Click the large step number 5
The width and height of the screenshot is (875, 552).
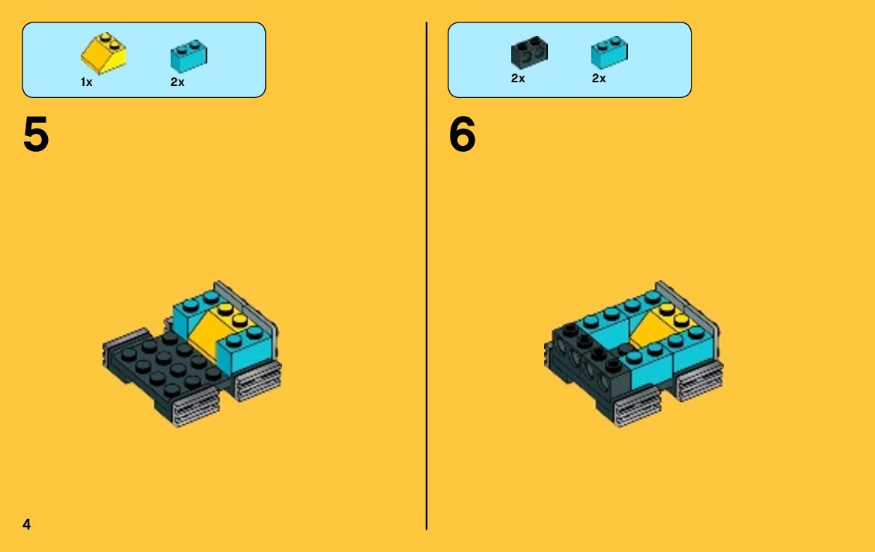tap(36, 135)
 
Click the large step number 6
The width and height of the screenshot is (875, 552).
tap(462, 135)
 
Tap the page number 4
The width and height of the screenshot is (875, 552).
tap(26, 524)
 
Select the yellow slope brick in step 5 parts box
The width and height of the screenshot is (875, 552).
tap(104, 54)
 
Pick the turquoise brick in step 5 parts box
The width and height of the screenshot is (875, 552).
tap(189, 56)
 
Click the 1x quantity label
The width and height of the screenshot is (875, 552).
tap(87, 82)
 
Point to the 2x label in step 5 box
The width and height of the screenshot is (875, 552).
tap(177, 82)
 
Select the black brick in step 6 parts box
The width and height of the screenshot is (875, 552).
tap(529, 52)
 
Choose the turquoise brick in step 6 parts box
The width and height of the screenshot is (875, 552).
tap(609, 52)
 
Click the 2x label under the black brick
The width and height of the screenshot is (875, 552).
tap(518, 79)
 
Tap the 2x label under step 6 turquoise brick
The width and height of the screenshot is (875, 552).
tap(599, 79)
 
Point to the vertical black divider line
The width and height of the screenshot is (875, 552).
tap(427, 276)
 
